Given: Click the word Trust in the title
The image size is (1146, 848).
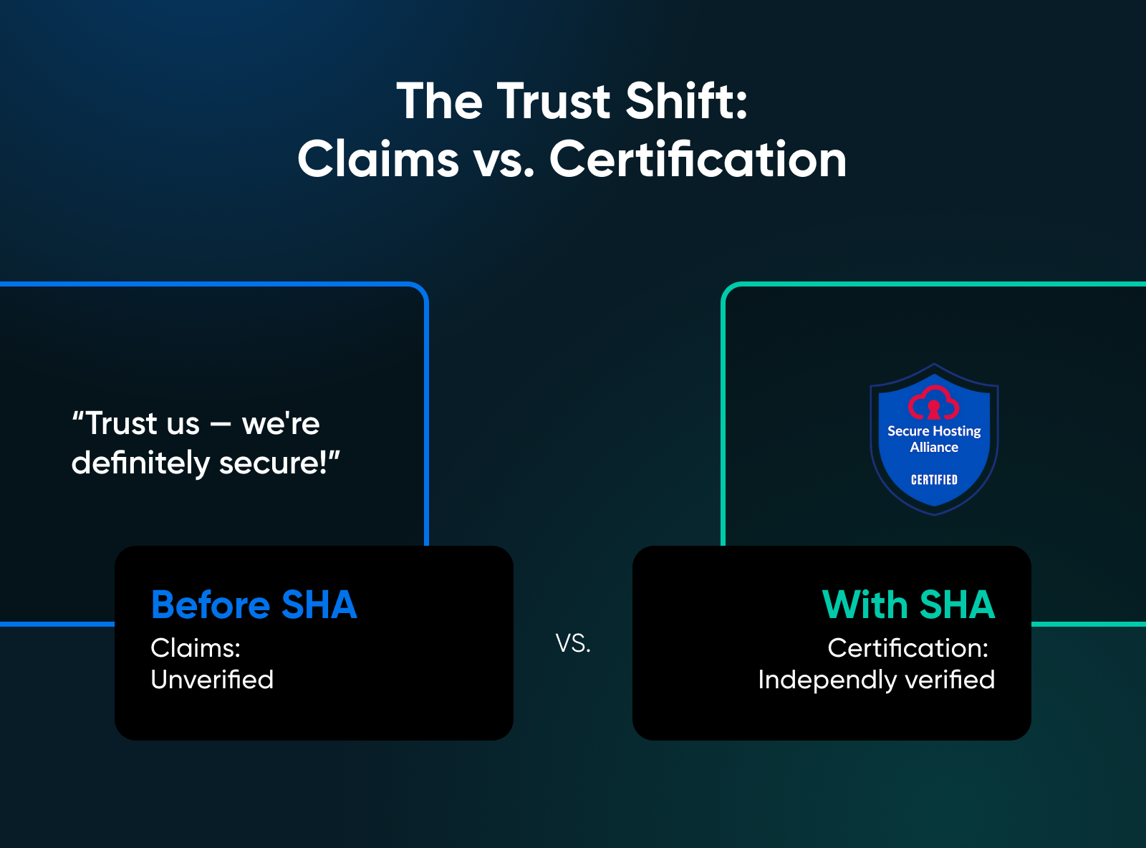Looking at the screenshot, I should pyautogui.click(x=553, y=102).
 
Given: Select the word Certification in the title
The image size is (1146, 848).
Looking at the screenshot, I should pyautogui.click(x=698, y=160).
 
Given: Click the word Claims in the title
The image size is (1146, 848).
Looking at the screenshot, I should pyautogui.click(x=377, y=160).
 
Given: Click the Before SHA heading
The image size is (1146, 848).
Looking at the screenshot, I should pyautogui.click(x=254, y=605).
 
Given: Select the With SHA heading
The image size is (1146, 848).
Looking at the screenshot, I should pyautogui.click(x=908, y=605).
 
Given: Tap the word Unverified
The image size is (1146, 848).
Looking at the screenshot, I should pyautogui.click(x=212, y=680).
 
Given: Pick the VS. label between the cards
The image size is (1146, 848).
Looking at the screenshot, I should pyautogui.click(x=573, y=643).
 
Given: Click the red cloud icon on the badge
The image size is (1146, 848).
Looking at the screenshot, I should pyautogui.click(x=933, y=403).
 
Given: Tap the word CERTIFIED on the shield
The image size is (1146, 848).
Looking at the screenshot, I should pyautogui.click(x=934, y=480).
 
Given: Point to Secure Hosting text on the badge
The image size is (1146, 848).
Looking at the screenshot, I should pyautogui.click(x=934, y=431).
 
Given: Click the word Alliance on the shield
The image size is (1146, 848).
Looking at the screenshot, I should pyautogui.click(x=934, y=448).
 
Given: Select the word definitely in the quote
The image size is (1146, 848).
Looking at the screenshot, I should pyautogui.click(x=140, y=463).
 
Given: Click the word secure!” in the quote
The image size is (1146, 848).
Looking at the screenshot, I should pyautogui.click(x=279, y=463).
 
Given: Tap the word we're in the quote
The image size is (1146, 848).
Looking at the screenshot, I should pyautogui.click(x=281, y=424).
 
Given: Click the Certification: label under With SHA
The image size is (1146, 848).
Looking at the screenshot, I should pyautogui.click(x=908, y=648).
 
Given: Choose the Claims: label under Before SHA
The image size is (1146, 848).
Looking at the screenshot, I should pyautogui.click(x=196, y=648).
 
